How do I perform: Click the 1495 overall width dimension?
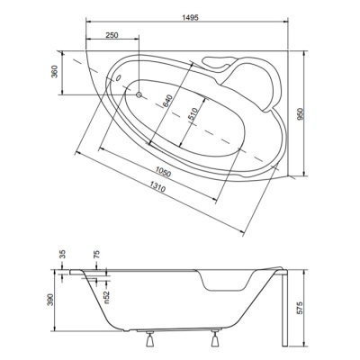(190, 17)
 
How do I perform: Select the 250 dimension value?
(112, 35)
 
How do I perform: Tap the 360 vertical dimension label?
(54, 71)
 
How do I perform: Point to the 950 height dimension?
(301, 113)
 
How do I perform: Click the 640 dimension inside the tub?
(167, 101)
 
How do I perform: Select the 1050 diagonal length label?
(163, 173)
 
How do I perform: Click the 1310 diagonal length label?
(157, 187)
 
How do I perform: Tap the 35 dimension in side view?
(63, 255)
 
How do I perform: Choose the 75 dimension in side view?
(96, 255)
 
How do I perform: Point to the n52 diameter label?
(107, 297)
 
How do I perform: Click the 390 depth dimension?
(50, 300)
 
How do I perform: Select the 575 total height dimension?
(301, 308)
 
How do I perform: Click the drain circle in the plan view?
(139, 94)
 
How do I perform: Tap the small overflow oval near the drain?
(118, 78)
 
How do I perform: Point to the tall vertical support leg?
(285, 308)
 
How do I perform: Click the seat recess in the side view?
(227, 281)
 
